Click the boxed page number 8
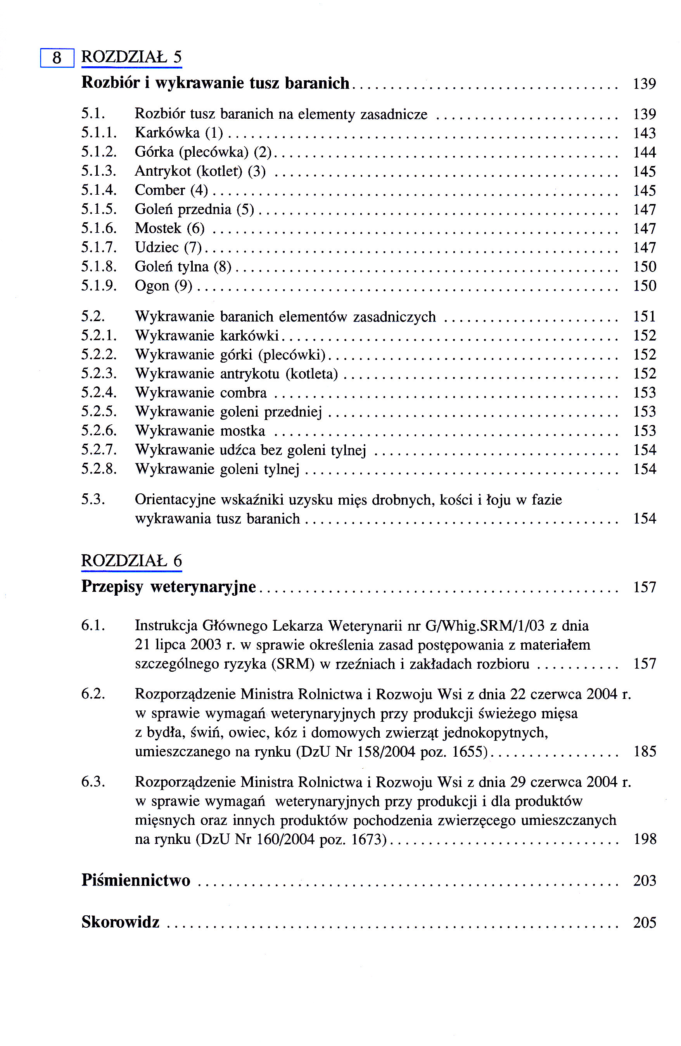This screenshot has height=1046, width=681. point(57,57)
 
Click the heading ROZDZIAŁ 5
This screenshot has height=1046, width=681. point(131,57)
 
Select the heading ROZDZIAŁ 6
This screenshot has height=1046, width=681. point(131,561)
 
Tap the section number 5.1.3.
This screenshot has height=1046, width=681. point(99,171)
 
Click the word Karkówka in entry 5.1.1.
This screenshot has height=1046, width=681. point(167,133)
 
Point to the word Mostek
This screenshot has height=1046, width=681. point(158,228)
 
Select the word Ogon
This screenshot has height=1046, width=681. point(152,286)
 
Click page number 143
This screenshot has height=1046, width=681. point(644,133)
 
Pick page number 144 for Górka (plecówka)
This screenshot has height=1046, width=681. point(644,152)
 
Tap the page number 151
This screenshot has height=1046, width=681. point(644,316)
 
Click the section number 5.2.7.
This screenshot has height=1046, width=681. point(99,450)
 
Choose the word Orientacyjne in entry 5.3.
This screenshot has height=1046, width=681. point(175,500)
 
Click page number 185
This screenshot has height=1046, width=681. point(645,752)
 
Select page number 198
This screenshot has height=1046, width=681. point(645,839)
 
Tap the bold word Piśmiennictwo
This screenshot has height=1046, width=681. point(136,880)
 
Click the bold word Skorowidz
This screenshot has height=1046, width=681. point(120,922)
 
